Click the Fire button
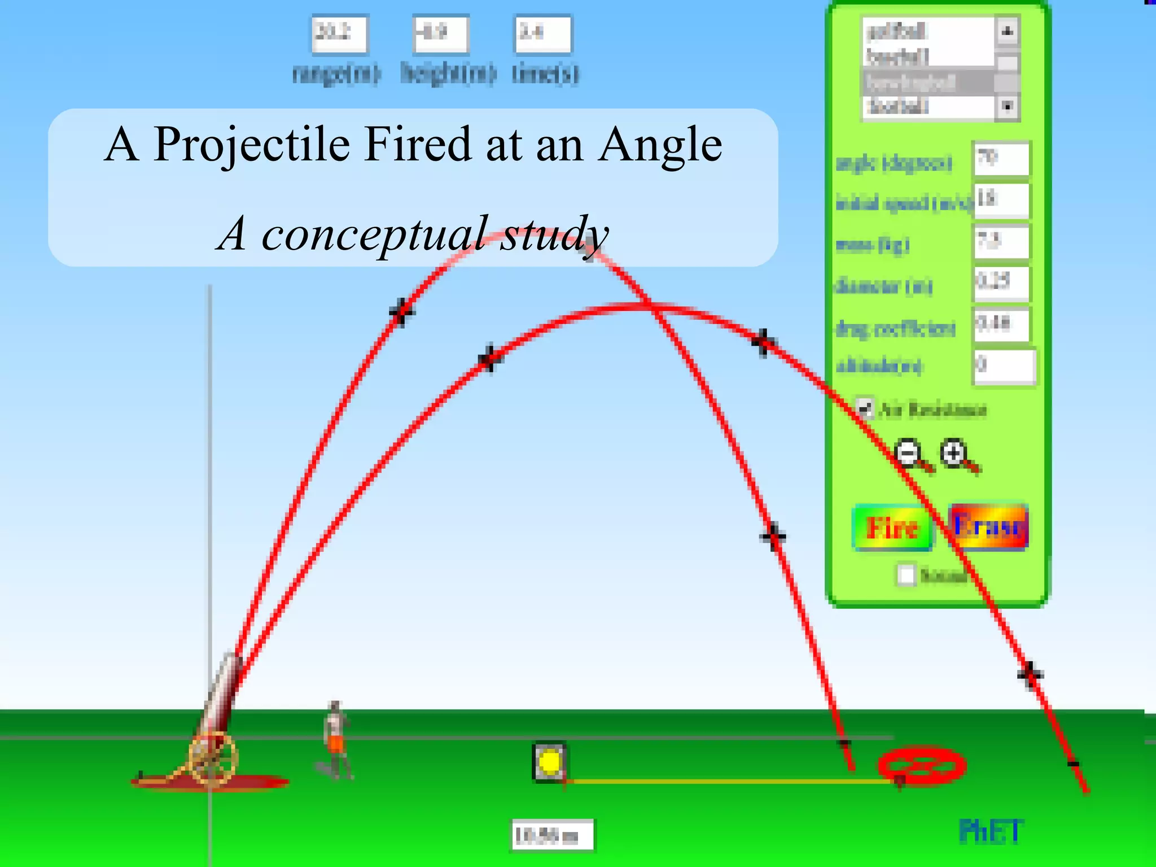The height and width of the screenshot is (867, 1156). tap(892, 528)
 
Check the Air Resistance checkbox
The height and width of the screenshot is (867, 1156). tap(864, 408)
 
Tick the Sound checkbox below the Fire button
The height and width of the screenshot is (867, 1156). tap(906, 575)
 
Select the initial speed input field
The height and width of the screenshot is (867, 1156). tap(1001, 200)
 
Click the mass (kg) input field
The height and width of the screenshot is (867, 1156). tap(1001, 242)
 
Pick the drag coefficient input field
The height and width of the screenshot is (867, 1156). tap(1001, 325)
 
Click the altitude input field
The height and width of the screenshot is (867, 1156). tap(1004, 366)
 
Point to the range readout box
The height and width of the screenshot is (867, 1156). tap(339, 34)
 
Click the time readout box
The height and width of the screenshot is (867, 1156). tap(542, 34)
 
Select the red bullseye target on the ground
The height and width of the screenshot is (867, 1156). tap(922, 766)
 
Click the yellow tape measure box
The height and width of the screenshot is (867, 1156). tap(549, 763)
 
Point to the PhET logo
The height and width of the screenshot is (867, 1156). tap(991, 831)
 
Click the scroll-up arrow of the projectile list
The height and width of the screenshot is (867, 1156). tap(1007, 31)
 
